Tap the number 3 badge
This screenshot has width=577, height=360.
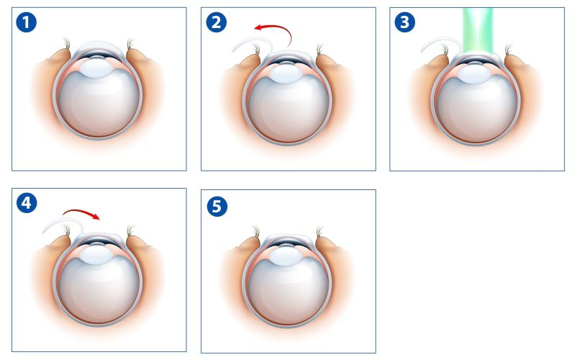point(405,22)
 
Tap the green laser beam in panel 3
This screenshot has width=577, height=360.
point(476,32)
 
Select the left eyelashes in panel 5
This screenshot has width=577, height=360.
point(256,232)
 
